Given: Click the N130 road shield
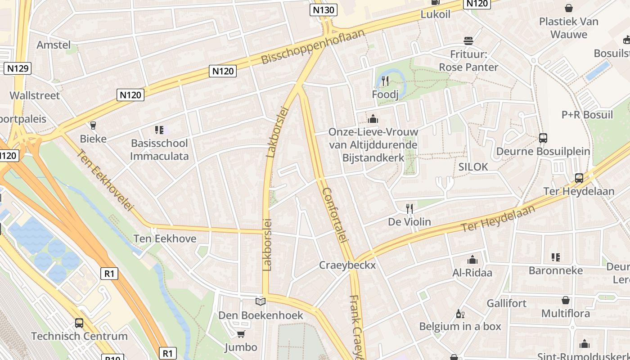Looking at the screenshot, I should pyautogui.click(x=324, y=10).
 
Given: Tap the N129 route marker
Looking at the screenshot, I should pyautogui.click(x=18, y=68).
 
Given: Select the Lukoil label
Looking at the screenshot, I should pyautogui.click(x=435, y=14).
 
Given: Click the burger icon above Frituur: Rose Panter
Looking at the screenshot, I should pyautogui.click(x=468, y=41).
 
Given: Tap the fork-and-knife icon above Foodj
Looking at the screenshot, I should pyautogui.click(x=385, y=81).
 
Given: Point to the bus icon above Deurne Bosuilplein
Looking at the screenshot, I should pyautogui.click(x=543, y=138).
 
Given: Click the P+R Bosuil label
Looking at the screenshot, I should pyautogui.click(x=587, y=114).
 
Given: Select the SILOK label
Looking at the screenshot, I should pyautogui.click(x=473, y=166).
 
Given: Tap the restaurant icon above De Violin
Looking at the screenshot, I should pyautogui.click(x=409, y=208).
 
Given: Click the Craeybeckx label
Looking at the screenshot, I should pyautogui.click(x=347, y=265).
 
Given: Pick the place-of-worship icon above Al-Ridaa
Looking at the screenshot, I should pyautogui.click(x=472, y=260).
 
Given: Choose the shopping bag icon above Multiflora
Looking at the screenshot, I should pyautogui.click(x=566, y=300).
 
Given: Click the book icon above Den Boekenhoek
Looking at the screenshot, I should pyautogui.click(x=261, y=301).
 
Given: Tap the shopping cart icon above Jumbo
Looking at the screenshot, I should pyautogui.click(x=241, y=334).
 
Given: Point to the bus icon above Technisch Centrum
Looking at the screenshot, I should pyautogui.click(x=79, y=323).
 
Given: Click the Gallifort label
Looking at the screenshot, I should pyautogui.click(x=506, y=303).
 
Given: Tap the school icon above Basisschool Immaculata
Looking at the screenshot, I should pyautogui.click(x=159, y=130).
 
